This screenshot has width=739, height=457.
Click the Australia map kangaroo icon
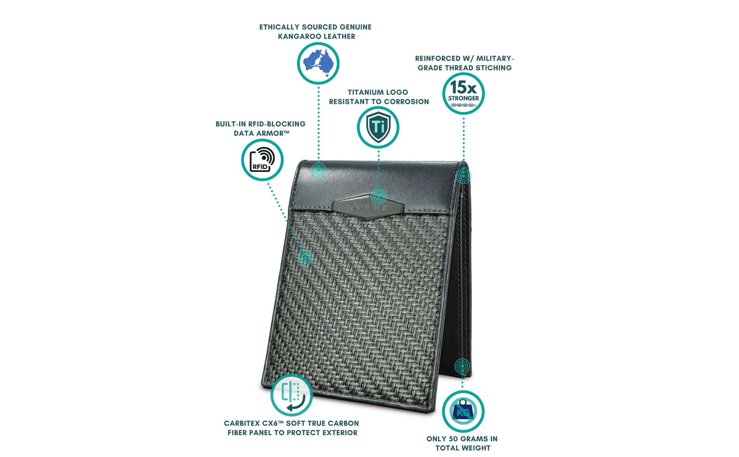coord(318,64)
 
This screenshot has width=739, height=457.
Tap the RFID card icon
coord(262,160)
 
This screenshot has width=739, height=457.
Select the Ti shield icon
coord(378,128)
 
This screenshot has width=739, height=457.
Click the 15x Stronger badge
coord(463,94)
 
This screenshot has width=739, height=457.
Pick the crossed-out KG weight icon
coord(463,411)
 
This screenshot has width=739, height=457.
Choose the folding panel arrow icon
coord(292,395)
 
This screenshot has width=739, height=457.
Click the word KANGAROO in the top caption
coord(299,37)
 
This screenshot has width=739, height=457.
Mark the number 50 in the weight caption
coord(453,439)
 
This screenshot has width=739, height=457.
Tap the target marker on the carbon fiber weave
coord(305,258)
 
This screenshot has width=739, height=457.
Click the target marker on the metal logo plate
coord(378,197)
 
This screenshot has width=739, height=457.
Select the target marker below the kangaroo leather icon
coord(318,170)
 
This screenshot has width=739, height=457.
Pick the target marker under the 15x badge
coord(463,176)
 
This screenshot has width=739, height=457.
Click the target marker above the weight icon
coord(462,366)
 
